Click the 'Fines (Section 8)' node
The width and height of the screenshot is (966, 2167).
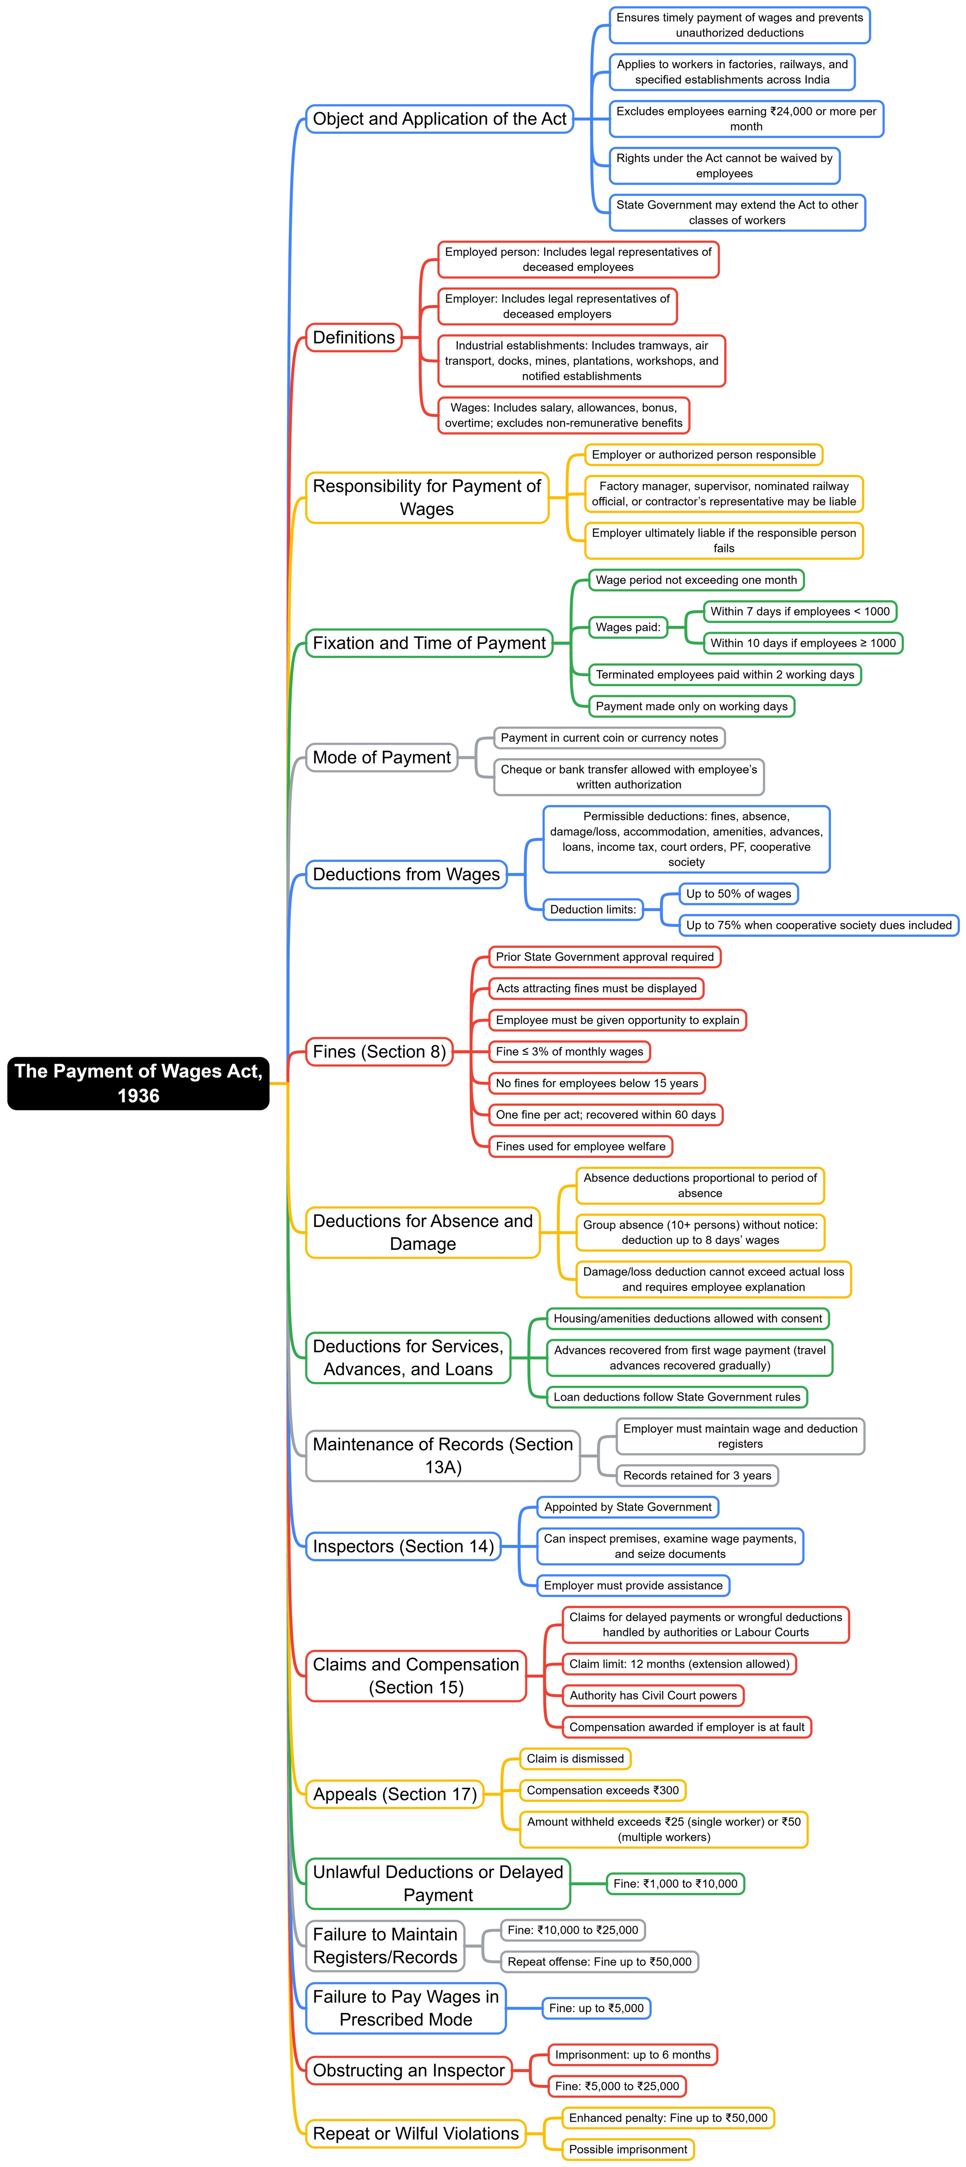tap(379, 1051)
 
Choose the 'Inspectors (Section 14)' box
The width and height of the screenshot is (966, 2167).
tap(403, 1546)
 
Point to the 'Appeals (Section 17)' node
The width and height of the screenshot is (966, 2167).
tap(394, 1794)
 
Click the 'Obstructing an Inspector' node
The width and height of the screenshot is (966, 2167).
tap(409, 2070)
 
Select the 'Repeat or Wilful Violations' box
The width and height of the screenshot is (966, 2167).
tap(415, 2133)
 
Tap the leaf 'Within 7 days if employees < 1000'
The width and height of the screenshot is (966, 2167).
tap(799, 612)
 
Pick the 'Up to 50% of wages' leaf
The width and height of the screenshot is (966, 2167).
tap(738, 894)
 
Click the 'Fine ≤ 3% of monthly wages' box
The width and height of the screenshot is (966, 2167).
tap(569, 1051)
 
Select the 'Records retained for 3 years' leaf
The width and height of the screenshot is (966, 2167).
tap(697, 1475)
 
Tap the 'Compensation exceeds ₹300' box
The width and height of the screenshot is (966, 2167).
tap(602, 1790)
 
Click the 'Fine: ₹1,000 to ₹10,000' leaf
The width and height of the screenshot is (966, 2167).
tap(675, 1884)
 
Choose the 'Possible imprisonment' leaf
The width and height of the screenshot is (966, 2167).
tap(628, 2149)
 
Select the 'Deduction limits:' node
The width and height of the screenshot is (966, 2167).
tap(593, 910)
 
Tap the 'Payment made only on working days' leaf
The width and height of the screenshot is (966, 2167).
tap(691, 707)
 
